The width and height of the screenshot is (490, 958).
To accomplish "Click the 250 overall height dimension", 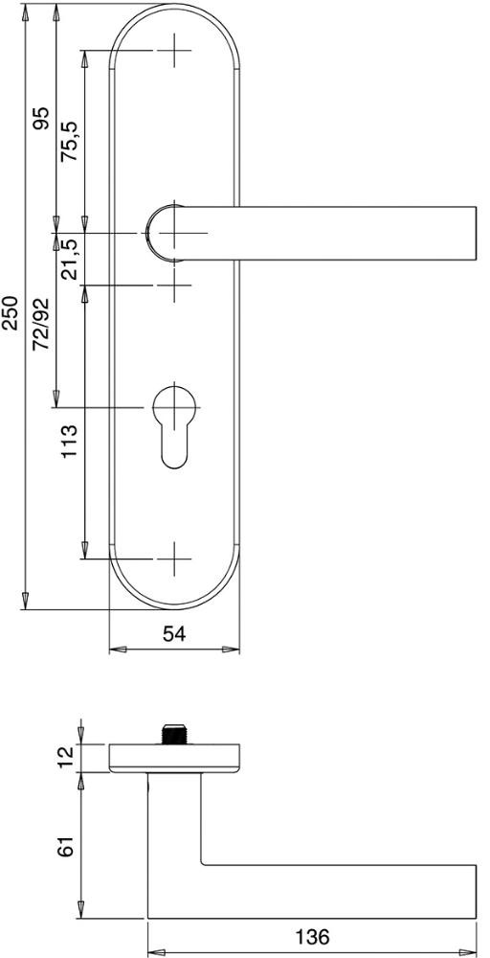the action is pyautogui.click(x=11, y=313).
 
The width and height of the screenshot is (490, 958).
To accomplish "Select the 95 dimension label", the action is pyautogui.click(x=41, y=119).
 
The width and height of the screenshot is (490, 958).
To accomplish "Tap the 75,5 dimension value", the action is pyautogui.click(x=70, y=141).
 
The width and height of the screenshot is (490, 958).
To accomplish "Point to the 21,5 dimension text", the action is pyautogui.click(x=70, y=259).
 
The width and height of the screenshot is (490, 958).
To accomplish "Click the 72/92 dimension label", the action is pyautogui.click(x=41, y=325).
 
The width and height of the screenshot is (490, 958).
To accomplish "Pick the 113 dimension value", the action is pyautogui.click(x=70, y=441).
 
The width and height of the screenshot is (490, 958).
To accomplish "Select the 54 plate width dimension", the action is pyautogui.click(x=174, y=634).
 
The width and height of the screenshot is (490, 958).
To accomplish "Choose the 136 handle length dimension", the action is pyautogui.click(x=312, y=936).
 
